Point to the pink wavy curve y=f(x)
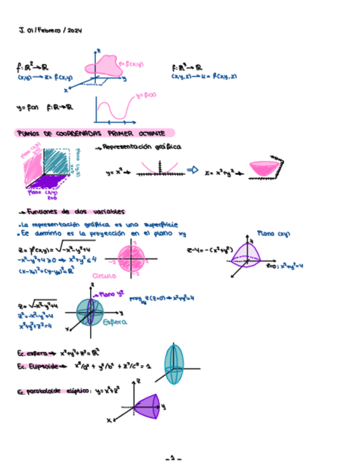click(x=119, y=107)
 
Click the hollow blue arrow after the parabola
click(x=192, y=171)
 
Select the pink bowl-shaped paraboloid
click(x=263, y=169)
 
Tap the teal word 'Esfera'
click(x=115, y=322)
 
